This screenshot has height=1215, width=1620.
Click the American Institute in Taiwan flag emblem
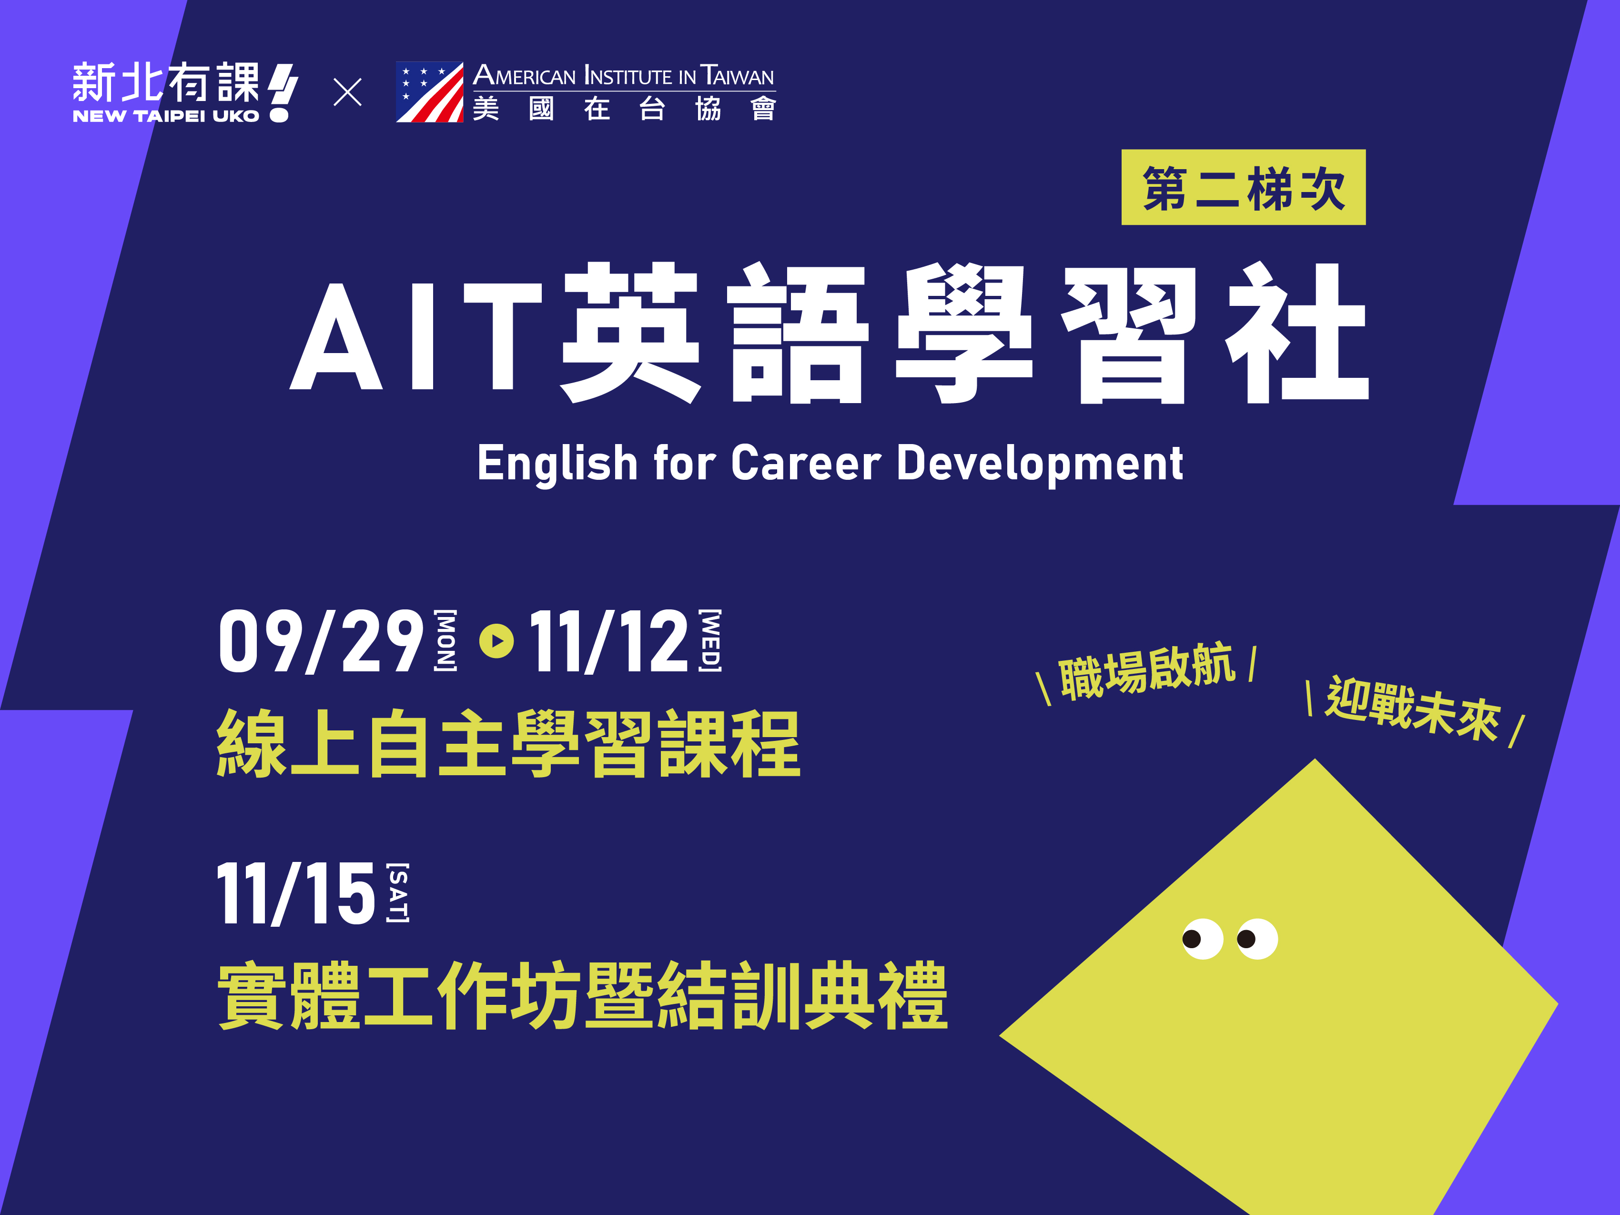coord(429,92)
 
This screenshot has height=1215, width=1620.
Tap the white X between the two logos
coord(347,92)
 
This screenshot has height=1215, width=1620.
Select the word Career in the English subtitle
coord(806,463)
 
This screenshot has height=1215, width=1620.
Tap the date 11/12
coord(608,641)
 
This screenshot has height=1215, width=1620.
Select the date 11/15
coord(297,893)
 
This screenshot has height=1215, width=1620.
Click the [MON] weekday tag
coord(445,640)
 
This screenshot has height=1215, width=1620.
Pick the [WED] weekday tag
coord(709,640)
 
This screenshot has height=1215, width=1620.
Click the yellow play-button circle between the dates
coord(496,641)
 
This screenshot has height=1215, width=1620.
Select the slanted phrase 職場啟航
coord(1147,671)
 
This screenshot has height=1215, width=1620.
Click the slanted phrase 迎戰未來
coord(1414,708)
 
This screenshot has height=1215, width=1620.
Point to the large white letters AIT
coord(416,335)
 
